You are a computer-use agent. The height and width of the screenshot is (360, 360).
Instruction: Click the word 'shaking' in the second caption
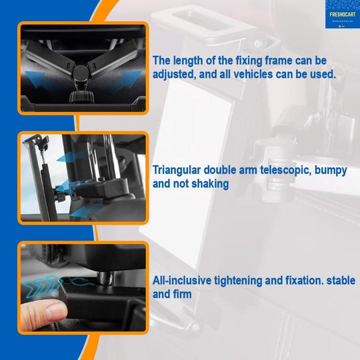coord(211,183)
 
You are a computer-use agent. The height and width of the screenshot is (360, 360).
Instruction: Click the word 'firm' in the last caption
coord(181,294)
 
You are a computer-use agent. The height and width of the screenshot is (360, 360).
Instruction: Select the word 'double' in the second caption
coord(229,171)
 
